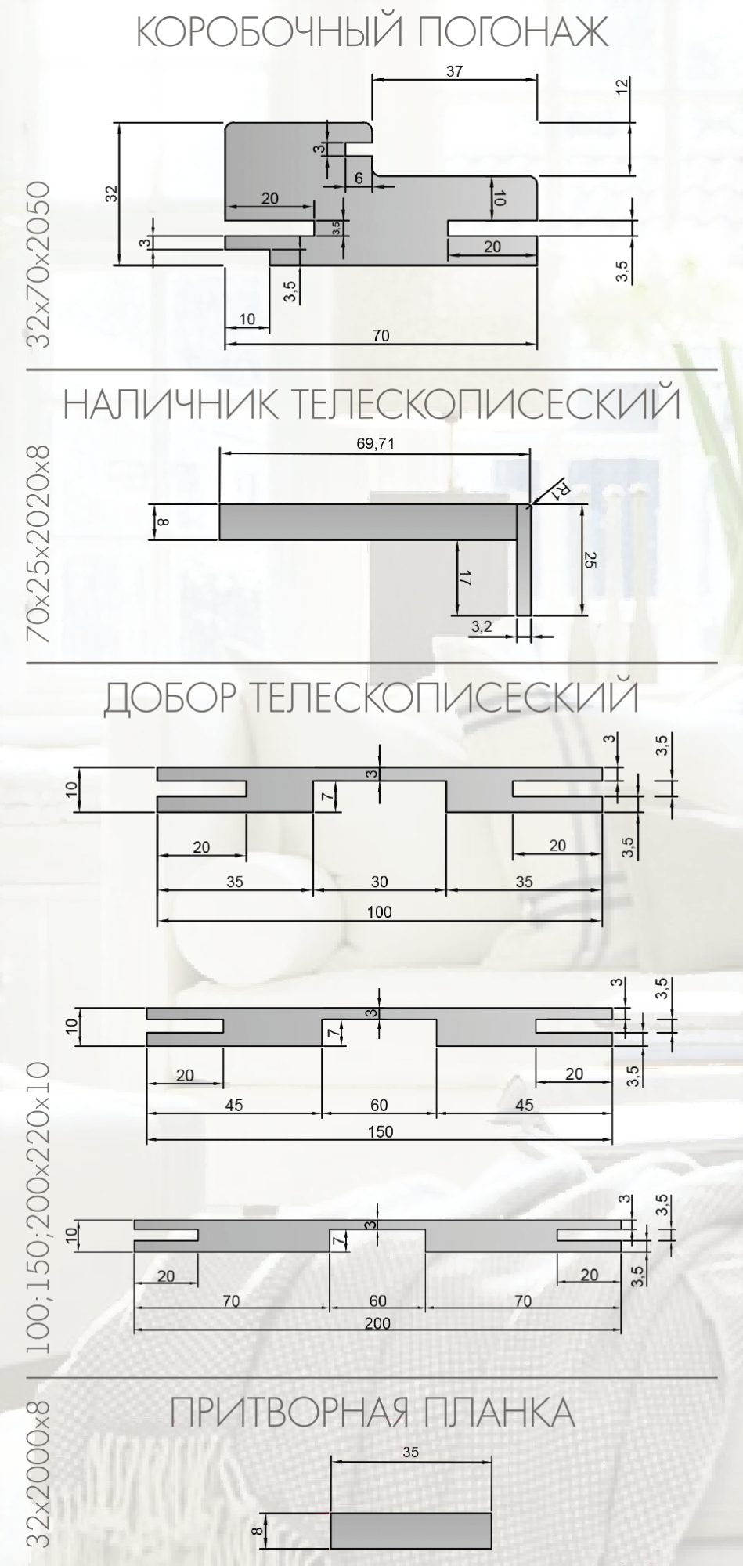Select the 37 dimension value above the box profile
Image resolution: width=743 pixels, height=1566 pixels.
[454, 71]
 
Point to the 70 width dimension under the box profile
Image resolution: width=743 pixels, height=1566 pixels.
[381, 335]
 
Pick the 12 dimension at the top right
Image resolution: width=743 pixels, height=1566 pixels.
[622, 87]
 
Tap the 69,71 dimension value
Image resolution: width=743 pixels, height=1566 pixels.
[376, 444]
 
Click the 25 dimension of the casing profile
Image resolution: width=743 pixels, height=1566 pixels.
[591, 561]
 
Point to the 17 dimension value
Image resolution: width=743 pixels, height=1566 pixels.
[464, 579]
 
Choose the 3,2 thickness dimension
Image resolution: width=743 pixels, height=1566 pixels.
[484, 626]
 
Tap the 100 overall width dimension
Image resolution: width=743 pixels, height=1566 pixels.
[379, 911]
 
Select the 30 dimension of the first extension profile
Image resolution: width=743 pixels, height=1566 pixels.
[379, 882]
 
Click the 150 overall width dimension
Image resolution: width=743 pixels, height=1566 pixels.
[380, 1131]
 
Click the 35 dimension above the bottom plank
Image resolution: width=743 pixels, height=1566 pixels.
[410, 1452]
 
